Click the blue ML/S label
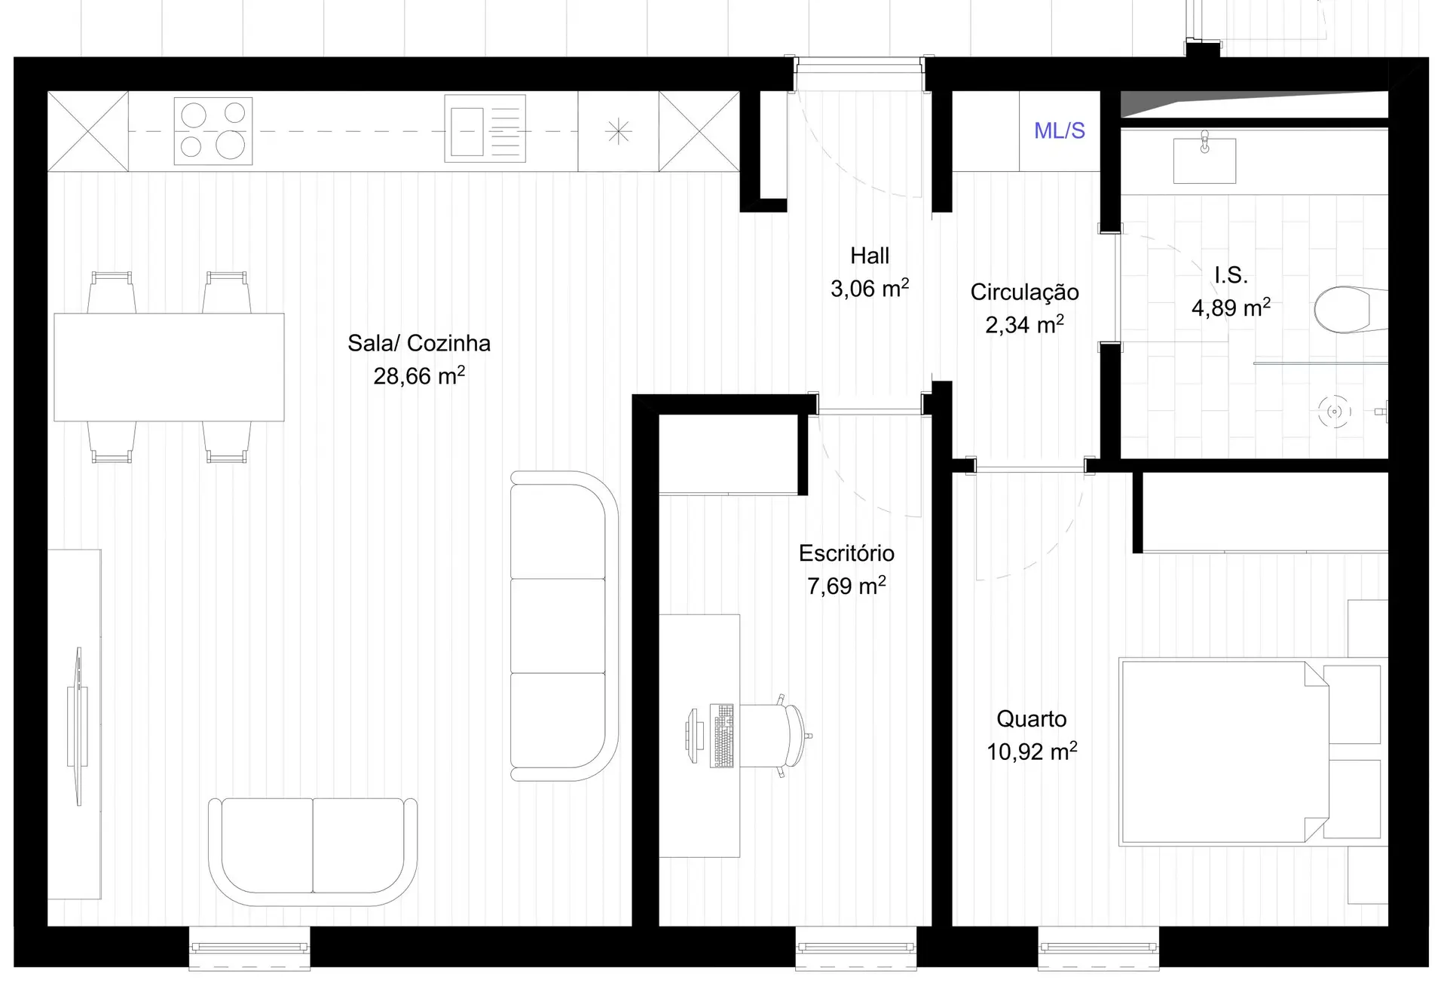[1059, 130]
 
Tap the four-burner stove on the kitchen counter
[213, 130]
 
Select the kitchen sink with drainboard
[485, 128]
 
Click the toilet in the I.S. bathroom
[1351, 309]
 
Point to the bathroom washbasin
[1204, 160]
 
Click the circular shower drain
[1335, 412]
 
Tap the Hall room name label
[870, 256]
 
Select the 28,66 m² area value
[419, 375]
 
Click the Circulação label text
[1024, 292]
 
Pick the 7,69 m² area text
[846, 585]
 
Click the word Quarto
[1031, 719]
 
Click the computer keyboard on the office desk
[722, 736]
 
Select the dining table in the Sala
[169, 367]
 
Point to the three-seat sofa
[564, 626]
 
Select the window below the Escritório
[856, 948]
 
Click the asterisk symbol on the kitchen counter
[619, 132]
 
